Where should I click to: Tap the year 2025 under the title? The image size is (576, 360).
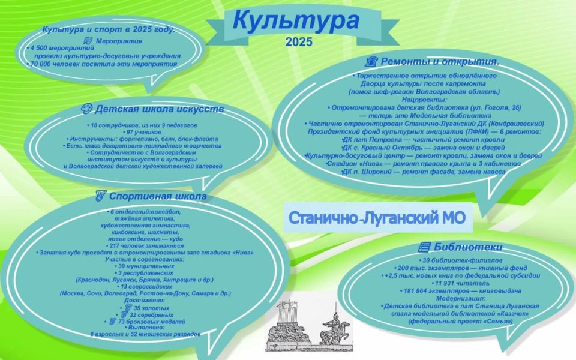(299, 42)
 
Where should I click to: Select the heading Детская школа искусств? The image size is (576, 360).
(160, 109)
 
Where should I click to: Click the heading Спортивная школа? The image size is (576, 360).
(158, 196)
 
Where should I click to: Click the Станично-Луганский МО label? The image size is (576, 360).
(377, 217)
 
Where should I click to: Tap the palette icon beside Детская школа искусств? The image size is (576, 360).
(86, 109)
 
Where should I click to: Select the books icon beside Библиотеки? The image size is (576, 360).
(424, 247)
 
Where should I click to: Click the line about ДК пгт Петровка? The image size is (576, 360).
(424, 139)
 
